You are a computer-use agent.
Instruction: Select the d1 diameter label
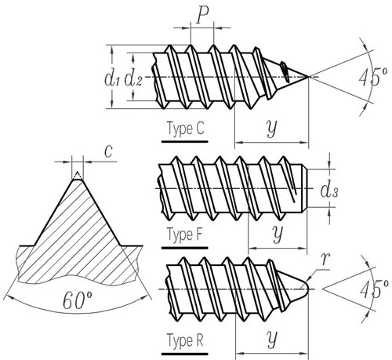(x=112, y=79)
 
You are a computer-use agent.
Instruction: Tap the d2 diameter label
(x=133, y=79)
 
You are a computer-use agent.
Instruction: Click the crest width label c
(x=108, y=152)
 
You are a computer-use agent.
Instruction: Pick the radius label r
(x=325, y=259)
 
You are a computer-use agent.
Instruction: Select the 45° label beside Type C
(x=373, y=78)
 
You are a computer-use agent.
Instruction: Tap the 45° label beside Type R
(x=374, y=289)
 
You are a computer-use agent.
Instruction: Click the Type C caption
(x=185, y=129)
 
